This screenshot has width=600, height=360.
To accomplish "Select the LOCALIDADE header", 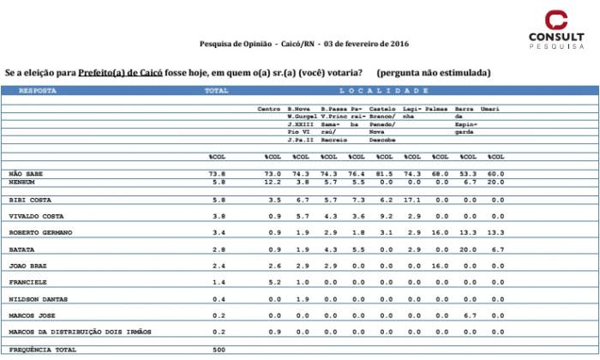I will pyautogui.click(x=383, y=90).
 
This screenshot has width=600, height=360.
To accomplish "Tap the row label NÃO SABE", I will pyautogui.click(x=25, y=173).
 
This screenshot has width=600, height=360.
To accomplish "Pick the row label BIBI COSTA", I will pyautogui.click(x=28, y=198).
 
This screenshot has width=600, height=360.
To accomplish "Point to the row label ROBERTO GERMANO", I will pyautogui.click(x=39, y=232).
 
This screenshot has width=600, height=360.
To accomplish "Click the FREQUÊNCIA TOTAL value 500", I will pyautogui.click(x=217, y=350).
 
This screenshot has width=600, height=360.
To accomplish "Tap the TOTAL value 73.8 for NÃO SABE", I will pyautogui.click(x=217, y=173).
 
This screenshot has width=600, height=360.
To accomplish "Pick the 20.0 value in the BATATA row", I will pyautogui.click(x=465, y=249).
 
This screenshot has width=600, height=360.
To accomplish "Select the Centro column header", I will pyautogui.click(x=269, y=110).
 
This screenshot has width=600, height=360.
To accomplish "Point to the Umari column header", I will pyautogui.click(x=490, y=110).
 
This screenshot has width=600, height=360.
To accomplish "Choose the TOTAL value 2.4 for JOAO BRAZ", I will pyautogui.click(x=217, y=266).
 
